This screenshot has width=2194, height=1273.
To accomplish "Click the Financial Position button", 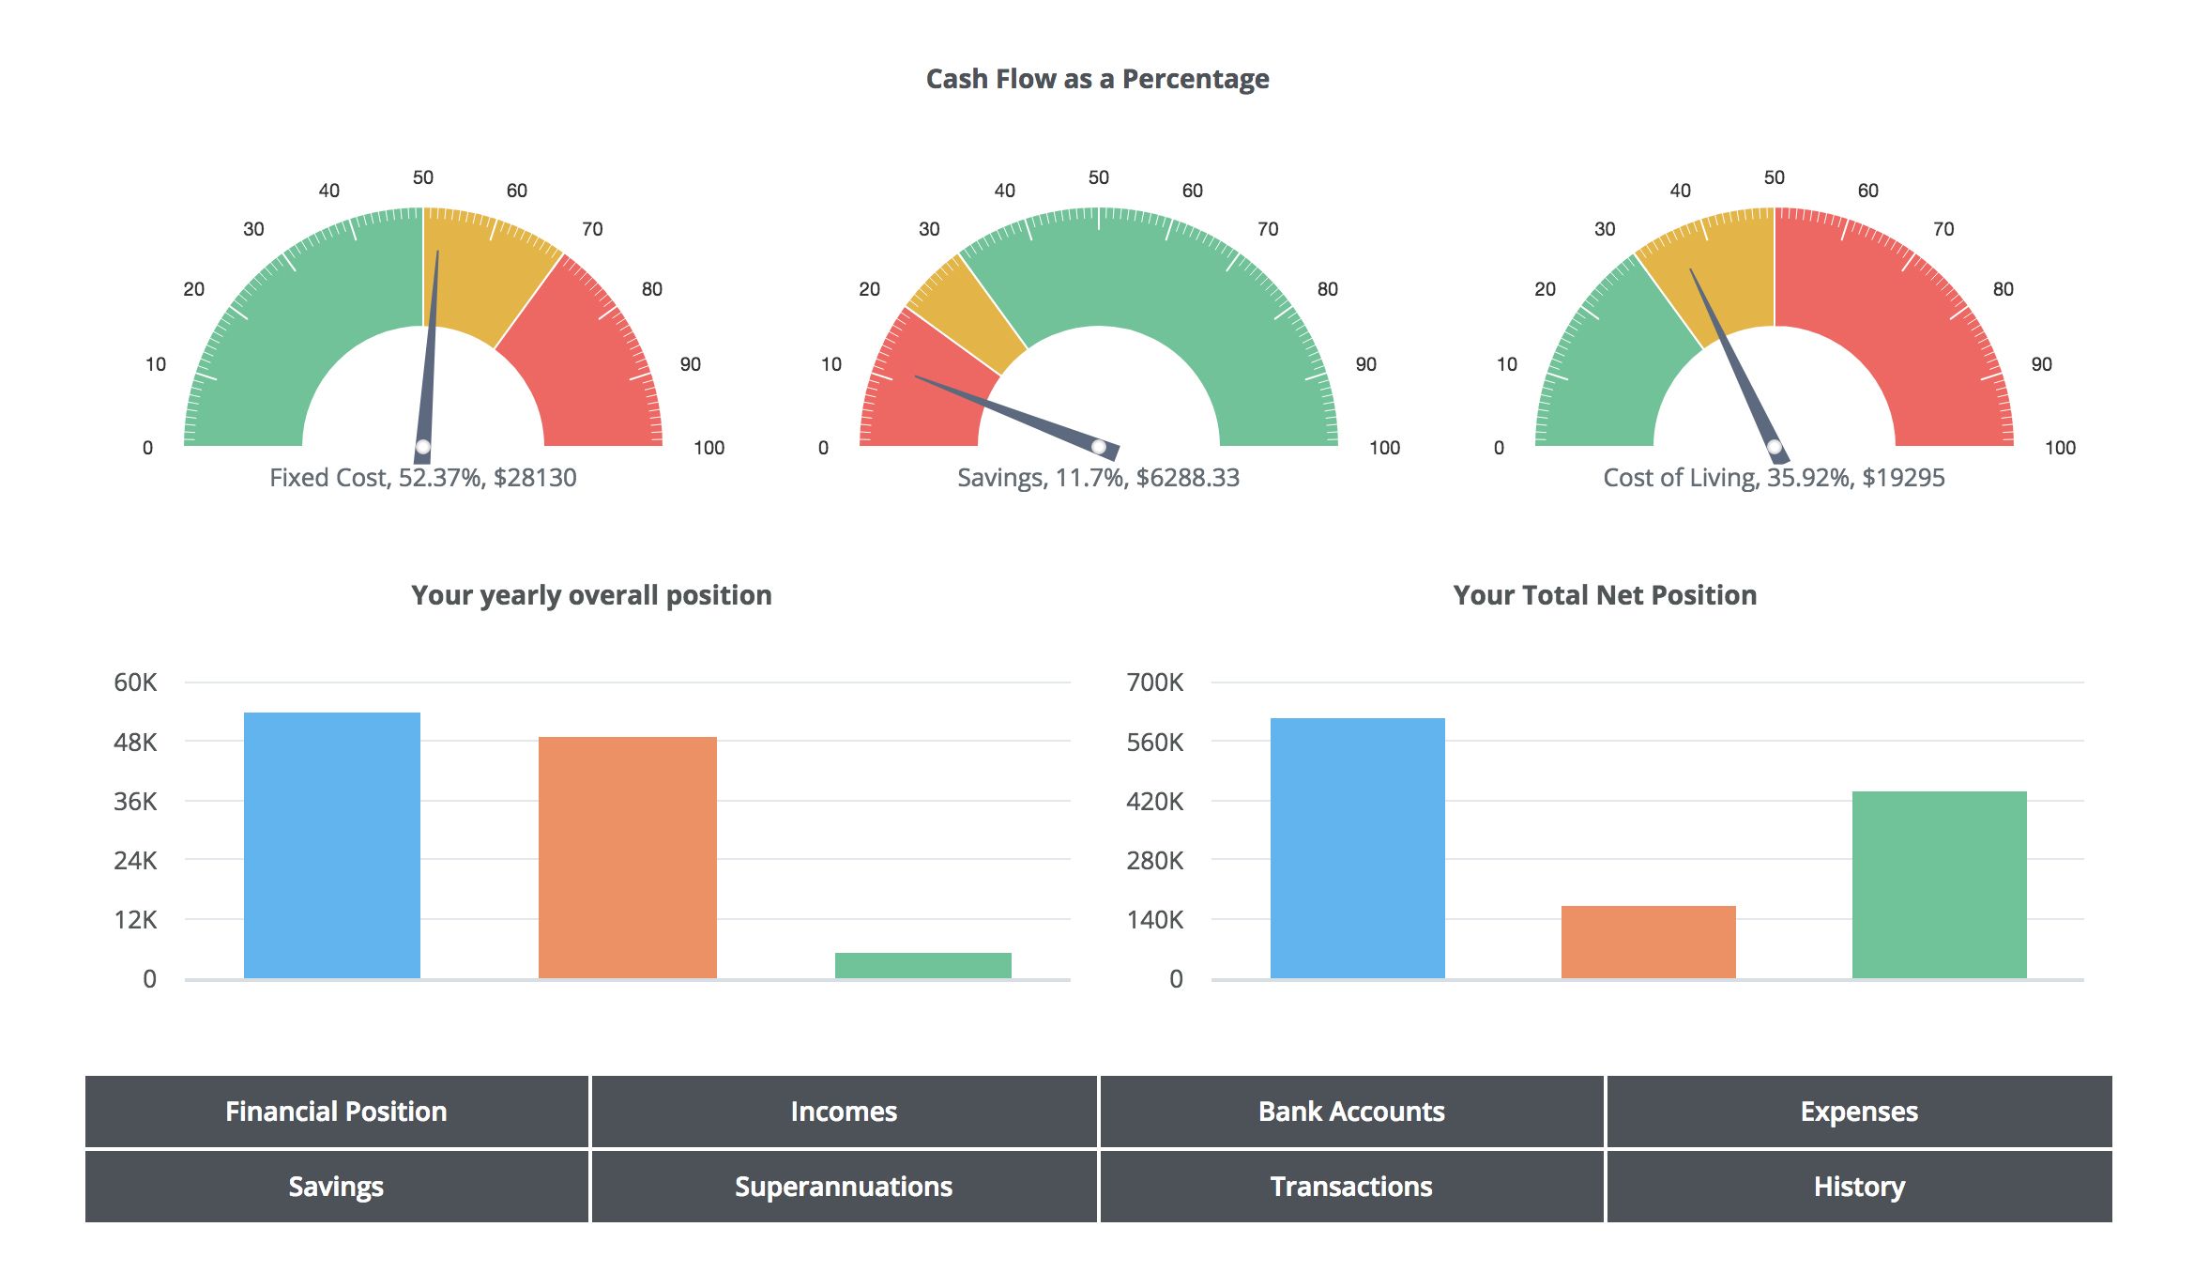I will tap(336, 1112).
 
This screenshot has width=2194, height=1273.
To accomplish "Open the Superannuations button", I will tap(843, 1187).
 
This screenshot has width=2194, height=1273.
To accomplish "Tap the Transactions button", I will tap(1351, 1187).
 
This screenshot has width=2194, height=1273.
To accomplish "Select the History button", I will tap(1859, 1187).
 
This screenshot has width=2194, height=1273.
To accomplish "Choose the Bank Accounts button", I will tap(1351, 1112).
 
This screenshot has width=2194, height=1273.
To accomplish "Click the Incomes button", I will tap(843, 1112).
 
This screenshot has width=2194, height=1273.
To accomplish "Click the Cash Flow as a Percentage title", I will tap(1097, 79).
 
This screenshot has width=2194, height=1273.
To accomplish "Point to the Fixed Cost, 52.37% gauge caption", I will tap(422, 478).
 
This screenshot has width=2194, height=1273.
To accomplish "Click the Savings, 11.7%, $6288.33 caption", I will tap(1098, 478).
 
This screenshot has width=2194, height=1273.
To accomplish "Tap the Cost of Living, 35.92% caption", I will tap(1774, 478).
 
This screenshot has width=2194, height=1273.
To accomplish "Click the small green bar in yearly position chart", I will tap(922, 965).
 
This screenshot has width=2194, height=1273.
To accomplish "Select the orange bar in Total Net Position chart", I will tap(1648, 942).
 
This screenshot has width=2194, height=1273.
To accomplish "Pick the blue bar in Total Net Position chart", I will tap(1357, 848).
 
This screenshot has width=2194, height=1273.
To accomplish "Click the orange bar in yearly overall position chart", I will tap(627, 857).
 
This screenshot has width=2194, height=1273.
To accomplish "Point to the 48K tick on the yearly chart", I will tap(135, 743).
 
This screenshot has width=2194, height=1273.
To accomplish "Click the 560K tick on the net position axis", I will tap(1154, 743).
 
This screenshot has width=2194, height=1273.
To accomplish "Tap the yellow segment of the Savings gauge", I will tap(967, 314).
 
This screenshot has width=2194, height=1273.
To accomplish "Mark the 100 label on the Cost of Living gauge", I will tap(2060, 448).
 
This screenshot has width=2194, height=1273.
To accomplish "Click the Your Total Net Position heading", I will tap(1605, 595).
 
